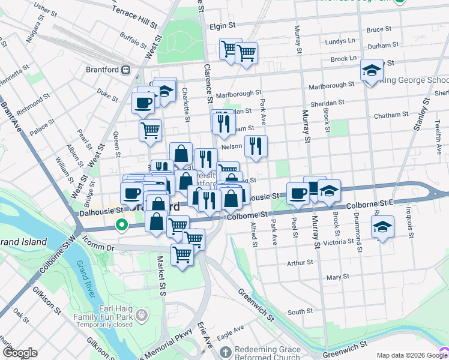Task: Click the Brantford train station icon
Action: (125, 69)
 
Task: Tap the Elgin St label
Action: (222, 26)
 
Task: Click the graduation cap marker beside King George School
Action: (372, 70)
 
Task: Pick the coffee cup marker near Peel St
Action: (298, 193)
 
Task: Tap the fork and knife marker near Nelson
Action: (256, 146)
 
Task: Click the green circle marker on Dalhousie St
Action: (122, 226)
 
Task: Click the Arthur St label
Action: (300, 262)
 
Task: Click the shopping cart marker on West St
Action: (150, 130)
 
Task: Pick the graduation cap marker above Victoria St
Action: (382, 227)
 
